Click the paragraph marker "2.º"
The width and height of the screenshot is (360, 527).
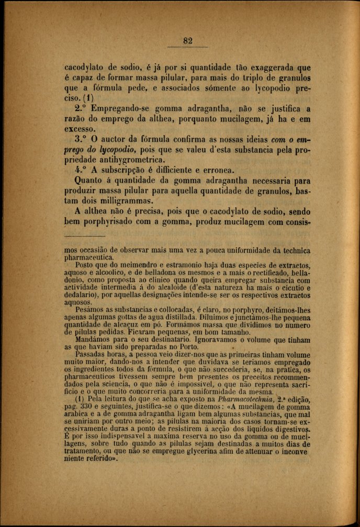pyautogui.click(x=80, y=109)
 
